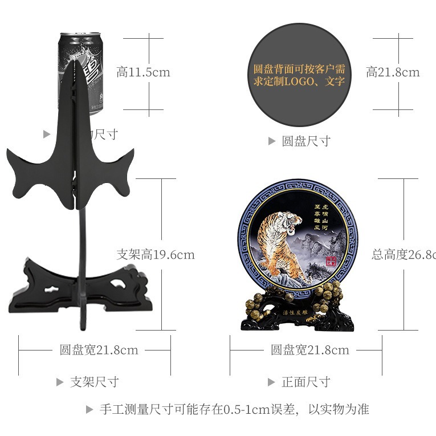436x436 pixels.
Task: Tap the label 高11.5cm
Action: (143, 72)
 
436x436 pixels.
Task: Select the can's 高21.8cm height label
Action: (393, 72)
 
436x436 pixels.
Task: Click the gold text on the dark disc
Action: (299, 75)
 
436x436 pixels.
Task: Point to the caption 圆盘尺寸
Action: (306, 141)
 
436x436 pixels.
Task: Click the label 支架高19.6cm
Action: (156, 255)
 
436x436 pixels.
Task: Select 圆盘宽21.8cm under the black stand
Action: (99, 350)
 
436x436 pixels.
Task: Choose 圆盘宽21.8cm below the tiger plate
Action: (310, 350)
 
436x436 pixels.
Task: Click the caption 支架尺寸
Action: (94, 382)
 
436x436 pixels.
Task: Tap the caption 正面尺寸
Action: (306, 382)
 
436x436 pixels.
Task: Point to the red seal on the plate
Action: (331, 262)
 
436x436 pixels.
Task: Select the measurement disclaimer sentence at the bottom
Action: (234, 409)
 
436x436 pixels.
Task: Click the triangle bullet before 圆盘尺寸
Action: (272, 141)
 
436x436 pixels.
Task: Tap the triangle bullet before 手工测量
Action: (89, 409)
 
